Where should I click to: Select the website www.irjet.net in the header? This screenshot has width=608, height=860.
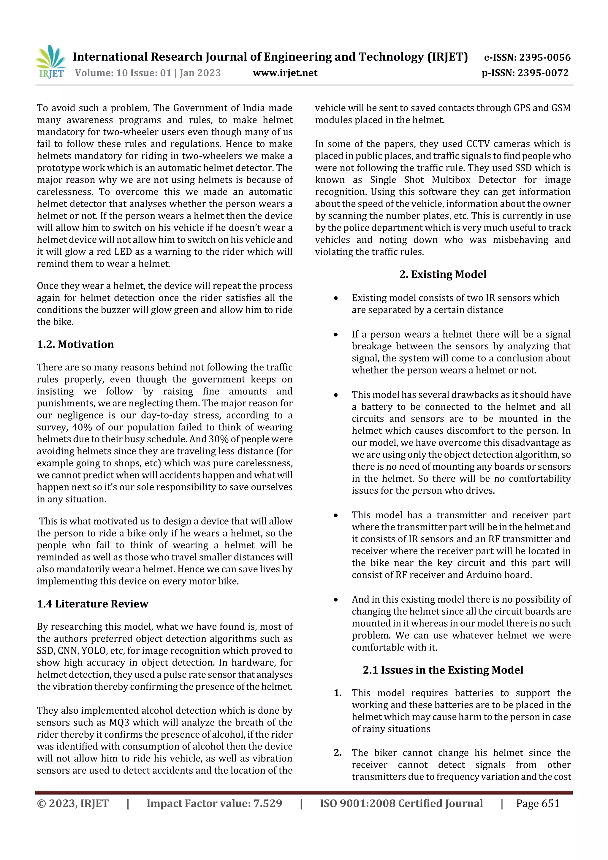tap(285, 73)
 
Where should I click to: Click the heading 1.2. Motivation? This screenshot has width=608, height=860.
tap(75, 344)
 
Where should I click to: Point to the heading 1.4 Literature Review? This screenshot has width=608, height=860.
tap(93, 604)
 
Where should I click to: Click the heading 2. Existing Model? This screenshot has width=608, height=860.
tap(443, 274)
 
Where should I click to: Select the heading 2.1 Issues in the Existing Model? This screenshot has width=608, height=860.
tap(443, 670)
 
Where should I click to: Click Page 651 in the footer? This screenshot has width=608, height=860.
tap(538, 803)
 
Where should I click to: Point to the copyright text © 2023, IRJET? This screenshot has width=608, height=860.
tap(73, 803)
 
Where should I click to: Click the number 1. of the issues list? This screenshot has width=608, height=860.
tap(338, 693)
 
